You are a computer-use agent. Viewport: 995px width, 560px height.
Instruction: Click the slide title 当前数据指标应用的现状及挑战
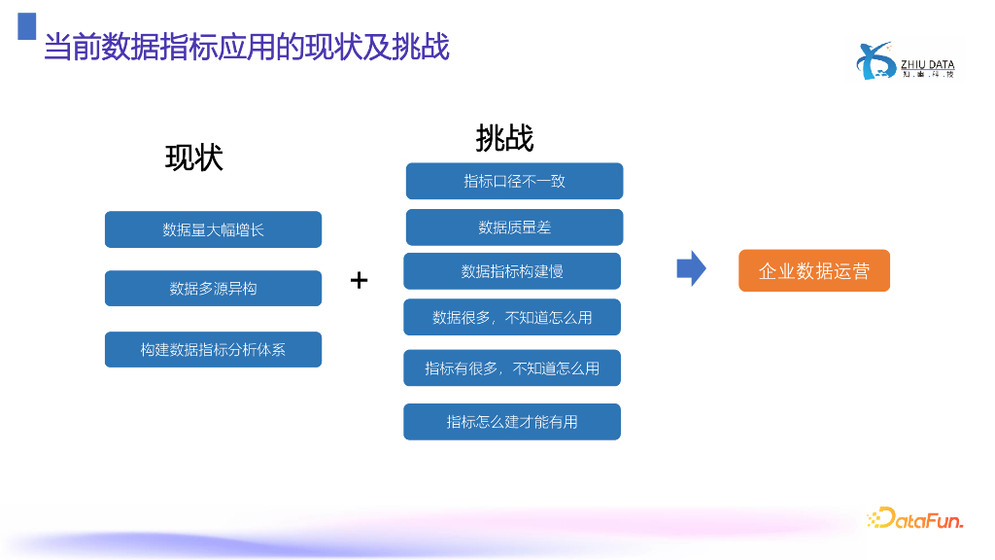[x=247, y=47]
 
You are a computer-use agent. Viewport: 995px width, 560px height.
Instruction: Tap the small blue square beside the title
[x=27, y=26]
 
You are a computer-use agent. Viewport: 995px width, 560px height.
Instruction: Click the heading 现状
[x=194, y=157]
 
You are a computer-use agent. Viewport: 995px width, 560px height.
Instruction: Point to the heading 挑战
[x=504, y=138]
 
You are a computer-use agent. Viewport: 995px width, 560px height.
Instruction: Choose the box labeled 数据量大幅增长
[x=213, y=229]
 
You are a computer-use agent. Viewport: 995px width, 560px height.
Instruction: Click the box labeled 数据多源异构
[x=213, y=289]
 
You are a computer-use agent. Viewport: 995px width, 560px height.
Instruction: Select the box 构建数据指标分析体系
[x=213, y=349]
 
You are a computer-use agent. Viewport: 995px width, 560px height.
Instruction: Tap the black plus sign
[x=360, y=280]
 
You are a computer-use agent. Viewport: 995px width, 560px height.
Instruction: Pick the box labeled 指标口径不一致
[x=514, y=181]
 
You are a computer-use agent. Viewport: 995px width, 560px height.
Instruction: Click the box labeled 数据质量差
[x=514, y=227]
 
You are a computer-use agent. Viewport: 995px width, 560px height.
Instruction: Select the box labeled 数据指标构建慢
[x=512, y=271]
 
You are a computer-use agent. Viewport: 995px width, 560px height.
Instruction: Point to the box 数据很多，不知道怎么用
[x=512, y=317]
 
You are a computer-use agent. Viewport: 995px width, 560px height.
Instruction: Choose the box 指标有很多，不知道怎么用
[x=512, y=368]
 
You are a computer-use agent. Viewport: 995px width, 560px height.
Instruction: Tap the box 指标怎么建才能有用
[x=512, y=421]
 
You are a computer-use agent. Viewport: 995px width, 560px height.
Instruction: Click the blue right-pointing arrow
[x=691, y=268]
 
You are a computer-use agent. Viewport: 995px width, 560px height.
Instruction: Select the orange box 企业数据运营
[x=814, y=271]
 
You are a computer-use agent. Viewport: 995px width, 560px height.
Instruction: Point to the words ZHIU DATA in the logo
[x=928, y=64]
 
